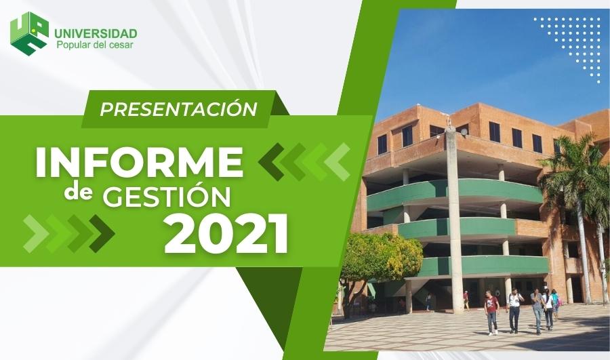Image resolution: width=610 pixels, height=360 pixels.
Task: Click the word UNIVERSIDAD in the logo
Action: click(x=96, y=33)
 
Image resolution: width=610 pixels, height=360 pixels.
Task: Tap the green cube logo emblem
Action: click(x=30, y=33)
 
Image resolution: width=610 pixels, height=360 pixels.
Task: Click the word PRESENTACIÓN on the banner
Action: click(x=178, y=109)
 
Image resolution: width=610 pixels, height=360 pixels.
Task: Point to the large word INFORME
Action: click(x=139, y=162)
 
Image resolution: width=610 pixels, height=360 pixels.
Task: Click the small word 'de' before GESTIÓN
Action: click(x=78, y=193)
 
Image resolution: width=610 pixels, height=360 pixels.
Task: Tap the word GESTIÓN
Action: click(x=167, y=196)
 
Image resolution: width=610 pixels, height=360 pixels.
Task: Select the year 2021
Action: click(x=226, y=235)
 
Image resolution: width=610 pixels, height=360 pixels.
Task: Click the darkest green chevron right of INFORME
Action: click(x=272, y=162)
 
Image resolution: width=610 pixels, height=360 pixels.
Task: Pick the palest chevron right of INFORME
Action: click(x=337, y=162)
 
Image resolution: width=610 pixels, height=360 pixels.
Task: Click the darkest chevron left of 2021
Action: click(x=102, y=233)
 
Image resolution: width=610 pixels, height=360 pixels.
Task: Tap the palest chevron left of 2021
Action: click(x=36, y=233)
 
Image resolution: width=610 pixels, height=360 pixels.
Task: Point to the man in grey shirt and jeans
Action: click(x=537, y=311)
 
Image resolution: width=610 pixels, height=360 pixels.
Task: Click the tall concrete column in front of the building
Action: click(x=454, y=220)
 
